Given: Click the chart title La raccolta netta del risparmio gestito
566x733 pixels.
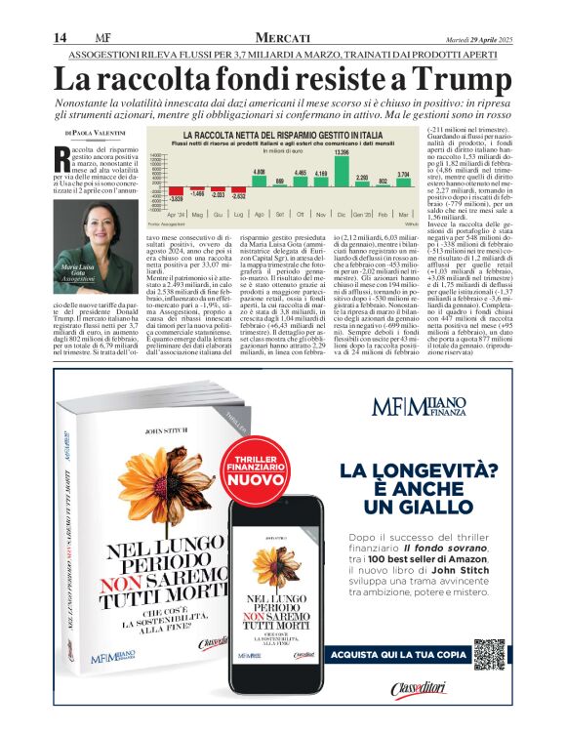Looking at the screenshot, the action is tap(272, 135).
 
